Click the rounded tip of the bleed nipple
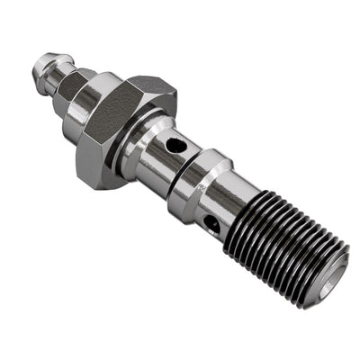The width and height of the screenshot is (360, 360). point(41,65)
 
